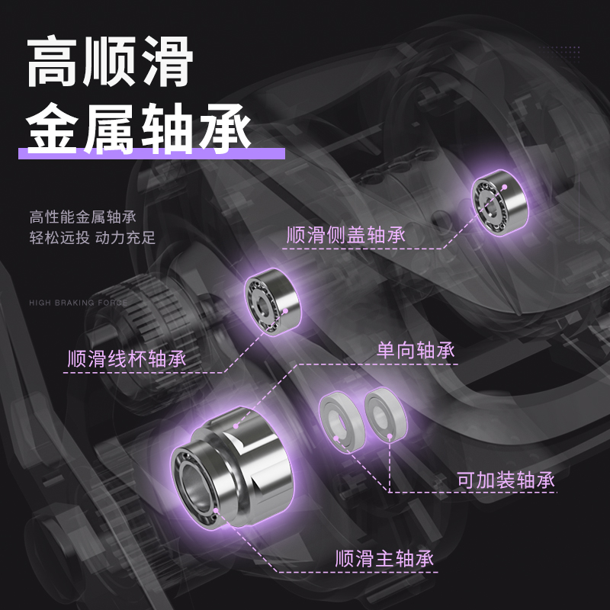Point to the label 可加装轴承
[505, 480]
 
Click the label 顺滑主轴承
[384, 558]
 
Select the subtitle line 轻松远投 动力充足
[92, 237]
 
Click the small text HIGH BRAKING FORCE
[79, 303]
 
